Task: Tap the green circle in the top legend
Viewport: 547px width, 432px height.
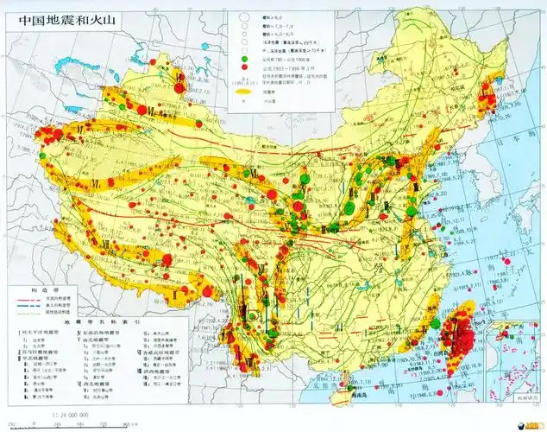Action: tap(244, 59)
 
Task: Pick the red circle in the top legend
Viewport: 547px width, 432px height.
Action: tap(244, 67)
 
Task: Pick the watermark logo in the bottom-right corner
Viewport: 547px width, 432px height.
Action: tap(522, 422)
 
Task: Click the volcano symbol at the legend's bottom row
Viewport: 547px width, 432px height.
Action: tap(244, 101)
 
